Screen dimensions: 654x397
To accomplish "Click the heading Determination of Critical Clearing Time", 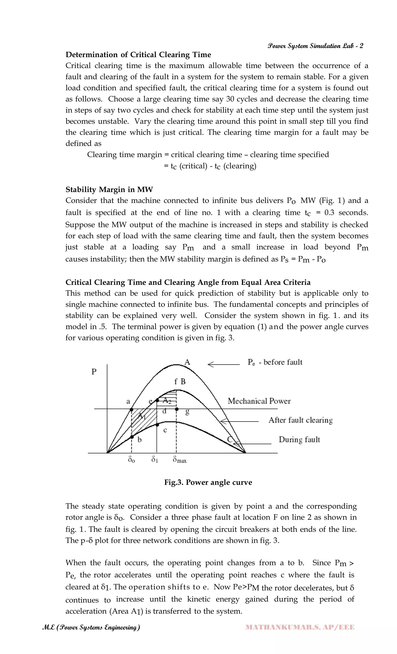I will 138,55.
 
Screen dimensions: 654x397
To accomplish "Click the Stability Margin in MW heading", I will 109,189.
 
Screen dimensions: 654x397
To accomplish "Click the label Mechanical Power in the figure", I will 259,401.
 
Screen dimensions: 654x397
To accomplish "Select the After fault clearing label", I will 300,420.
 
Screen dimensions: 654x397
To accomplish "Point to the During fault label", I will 299,440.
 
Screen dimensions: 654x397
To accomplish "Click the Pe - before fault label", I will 275,362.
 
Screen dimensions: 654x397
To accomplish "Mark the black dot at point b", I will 132,437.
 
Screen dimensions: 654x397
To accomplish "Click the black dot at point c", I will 157,425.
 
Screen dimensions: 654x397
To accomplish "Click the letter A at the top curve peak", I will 187,362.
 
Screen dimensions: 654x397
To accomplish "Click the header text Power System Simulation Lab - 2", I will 315,46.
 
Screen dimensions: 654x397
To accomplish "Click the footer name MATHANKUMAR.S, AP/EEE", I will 300,627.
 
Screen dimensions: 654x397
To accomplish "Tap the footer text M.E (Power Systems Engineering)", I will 91,627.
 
